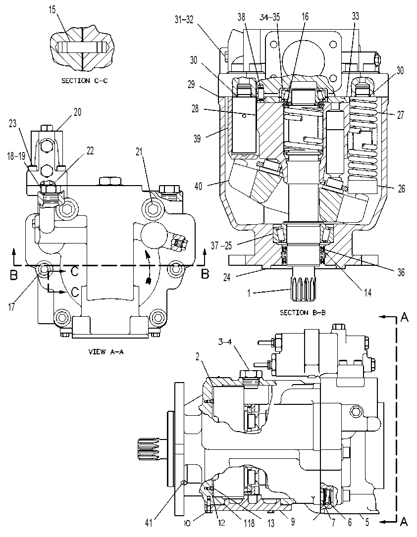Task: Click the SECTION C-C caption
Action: [84, 81]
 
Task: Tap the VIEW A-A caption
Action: [106, 352]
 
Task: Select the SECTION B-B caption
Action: [303, 312]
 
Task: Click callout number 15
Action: [52, 9]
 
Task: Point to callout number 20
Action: [78, 112]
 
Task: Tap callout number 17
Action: [12, 307]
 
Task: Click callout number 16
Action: [305, 16]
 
